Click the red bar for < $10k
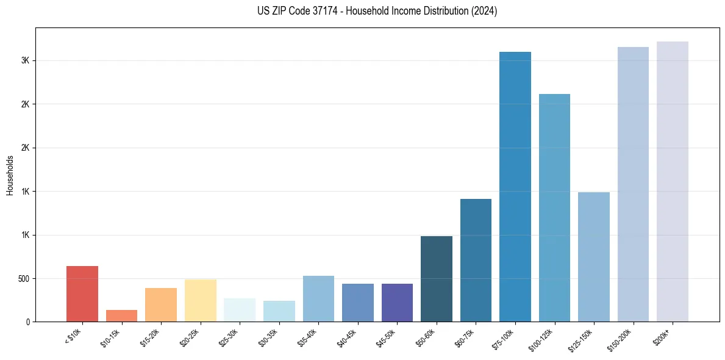[x=82, y=293]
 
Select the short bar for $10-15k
[x=121, y=315]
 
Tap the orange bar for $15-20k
[x=161, y=304]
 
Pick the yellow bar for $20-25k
[x=201, y=300]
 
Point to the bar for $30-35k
[x=279, y=311]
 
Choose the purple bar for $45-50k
[x=397, y=303]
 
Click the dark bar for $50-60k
[x=437, y=279]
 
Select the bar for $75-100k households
[x=515, y=187]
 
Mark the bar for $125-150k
[x=594, y=257]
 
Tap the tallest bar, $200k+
[x=673, y=181]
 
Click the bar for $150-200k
[x=633, y=184]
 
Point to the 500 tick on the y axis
[x=25, y=279]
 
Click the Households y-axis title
[x=10, y=175]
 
